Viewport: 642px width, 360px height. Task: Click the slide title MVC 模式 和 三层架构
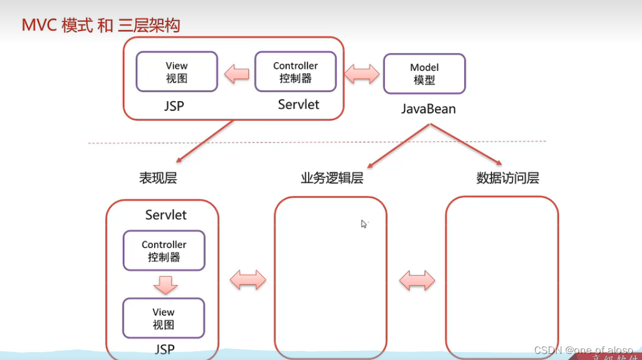pyautogui.click(x=101, y=26)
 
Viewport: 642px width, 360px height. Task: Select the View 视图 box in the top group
pyautogui.click(x=177, y=72)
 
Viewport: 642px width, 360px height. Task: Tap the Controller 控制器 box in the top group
pyautogui.click(x=295, y=72)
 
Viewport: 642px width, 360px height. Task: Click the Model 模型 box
pyautogui.click(x=424, y=74)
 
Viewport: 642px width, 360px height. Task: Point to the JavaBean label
pyautogui.click(x=428, y=109)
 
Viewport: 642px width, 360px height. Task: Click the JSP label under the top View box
pyautogui.click(x=174, y=106)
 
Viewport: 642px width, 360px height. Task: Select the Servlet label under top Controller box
pyautogui.click(x=298, y=105)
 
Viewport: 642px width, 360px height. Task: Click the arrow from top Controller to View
pyautogui.click(x=236, y=74)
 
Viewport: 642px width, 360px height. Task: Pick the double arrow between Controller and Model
pyautogui.click(x=362, y=74)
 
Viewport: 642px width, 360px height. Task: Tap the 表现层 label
pyautogui.click(x=158, y=178)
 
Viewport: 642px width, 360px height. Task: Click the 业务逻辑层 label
pyautogui.click(x=332, y=178)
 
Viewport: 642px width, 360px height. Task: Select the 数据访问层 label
pyautogui.click(x=507, y=178)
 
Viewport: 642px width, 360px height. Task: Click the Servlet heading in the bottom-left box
pyautogui.click(x=166, y=215)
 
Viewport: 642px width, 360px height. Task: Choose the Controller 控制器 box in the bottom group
pyautogui.click(x=164, y=250)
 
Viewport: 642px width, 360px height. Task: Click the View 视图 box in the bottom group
pyautogui.click(x=163, y=318)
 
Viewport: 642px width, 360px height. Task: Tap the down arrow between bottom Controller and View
pyautogui.click(x=165, y=284)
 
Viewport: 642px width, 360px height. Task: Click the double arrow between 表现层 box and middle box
pyautogui.click(x=248, y=280)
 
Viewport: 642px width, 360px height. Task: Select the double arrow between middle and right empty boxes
pyautogui.click(x=417, y=280)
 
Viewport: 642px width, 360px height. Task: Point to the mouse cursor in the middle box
pyautogui.click(x=364, y=224)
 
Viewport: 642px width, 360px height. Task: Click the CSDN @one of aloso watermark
pyautogui.click(x=583, y=350)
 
